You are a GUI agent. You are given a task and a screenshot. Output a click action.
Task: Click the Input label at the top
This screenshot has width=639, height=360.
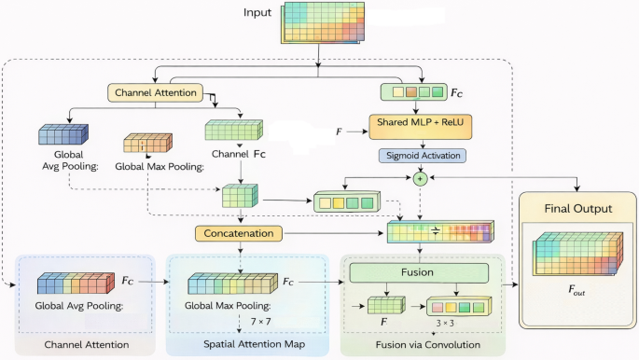[x=257, y=13]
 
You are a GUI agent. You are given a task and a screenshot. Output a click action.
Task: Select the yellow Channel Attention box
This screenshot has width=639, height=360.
[x=155, y=93]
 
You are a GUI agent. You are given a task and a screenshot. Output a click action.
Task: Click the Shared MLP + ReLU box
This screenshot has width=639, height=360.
[x=421, y=127]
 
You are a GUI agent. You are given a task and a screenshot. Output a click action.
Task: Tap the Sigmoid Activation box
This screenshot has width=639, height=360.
[x=423, y=156]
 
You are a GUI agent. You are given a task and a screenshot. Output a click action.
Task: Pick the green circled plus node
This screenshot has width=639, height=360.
[x=420, y=178]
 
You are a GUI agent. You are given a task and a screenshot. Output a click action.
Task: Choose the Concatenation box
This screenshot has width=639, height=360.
[x=239, y=233]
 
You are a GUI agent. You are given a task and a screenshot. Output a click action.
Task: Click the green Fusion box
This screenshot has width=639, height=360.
[x=419, y=272]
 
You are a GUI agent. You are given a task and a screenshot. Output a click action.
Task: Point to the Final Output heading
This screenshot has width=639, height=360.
[x=577, y=209]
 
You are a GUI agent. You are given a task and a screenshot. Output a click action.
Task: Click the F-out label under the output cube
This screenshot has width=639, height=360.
[x=576, y=290]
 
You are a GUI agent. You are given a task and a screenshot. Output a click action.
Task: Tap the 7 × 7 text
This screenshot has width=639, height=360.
[x=260, y=322]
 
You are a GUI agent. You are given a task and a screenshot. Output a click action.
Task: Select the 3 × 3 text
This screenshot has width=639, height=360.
[x=445, y=323]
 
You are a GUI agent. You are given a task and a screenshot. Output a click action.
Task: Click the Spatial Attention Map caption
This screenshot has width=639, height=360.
[x=254, y=344]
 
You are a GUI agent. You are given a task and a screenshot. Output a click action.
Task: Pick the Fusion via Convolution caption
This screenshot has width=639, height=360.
[x=427, y=345]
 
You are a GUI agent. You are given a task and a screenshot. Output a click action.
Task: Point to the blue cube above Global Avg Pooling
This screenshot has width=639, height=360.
[x=63, y=134]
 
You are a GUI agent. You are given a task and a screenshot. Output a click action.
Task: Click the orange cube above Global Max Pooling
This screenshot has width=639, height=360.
[x=147, y=143]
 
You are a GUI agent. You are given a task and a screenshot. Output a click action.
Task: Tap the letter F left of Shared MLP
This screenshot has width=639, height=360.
[x=339, y=132]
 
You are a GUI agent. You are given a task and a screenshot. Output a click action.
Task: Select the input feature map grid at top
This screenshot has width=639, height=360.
[x=323, y=22]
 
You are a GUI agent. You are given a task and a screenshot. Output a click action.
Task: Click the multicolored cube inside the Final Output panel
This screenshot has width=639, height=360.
[x=578, y=254]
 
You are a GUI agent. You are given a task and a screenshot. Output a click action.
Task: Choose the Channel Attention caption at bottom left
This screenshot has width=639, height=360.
[x=87, y=344]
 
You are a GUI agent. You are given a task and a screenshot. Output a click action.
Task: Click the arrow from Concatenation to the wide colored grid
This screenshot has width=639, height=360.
[x=334, y=233]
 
